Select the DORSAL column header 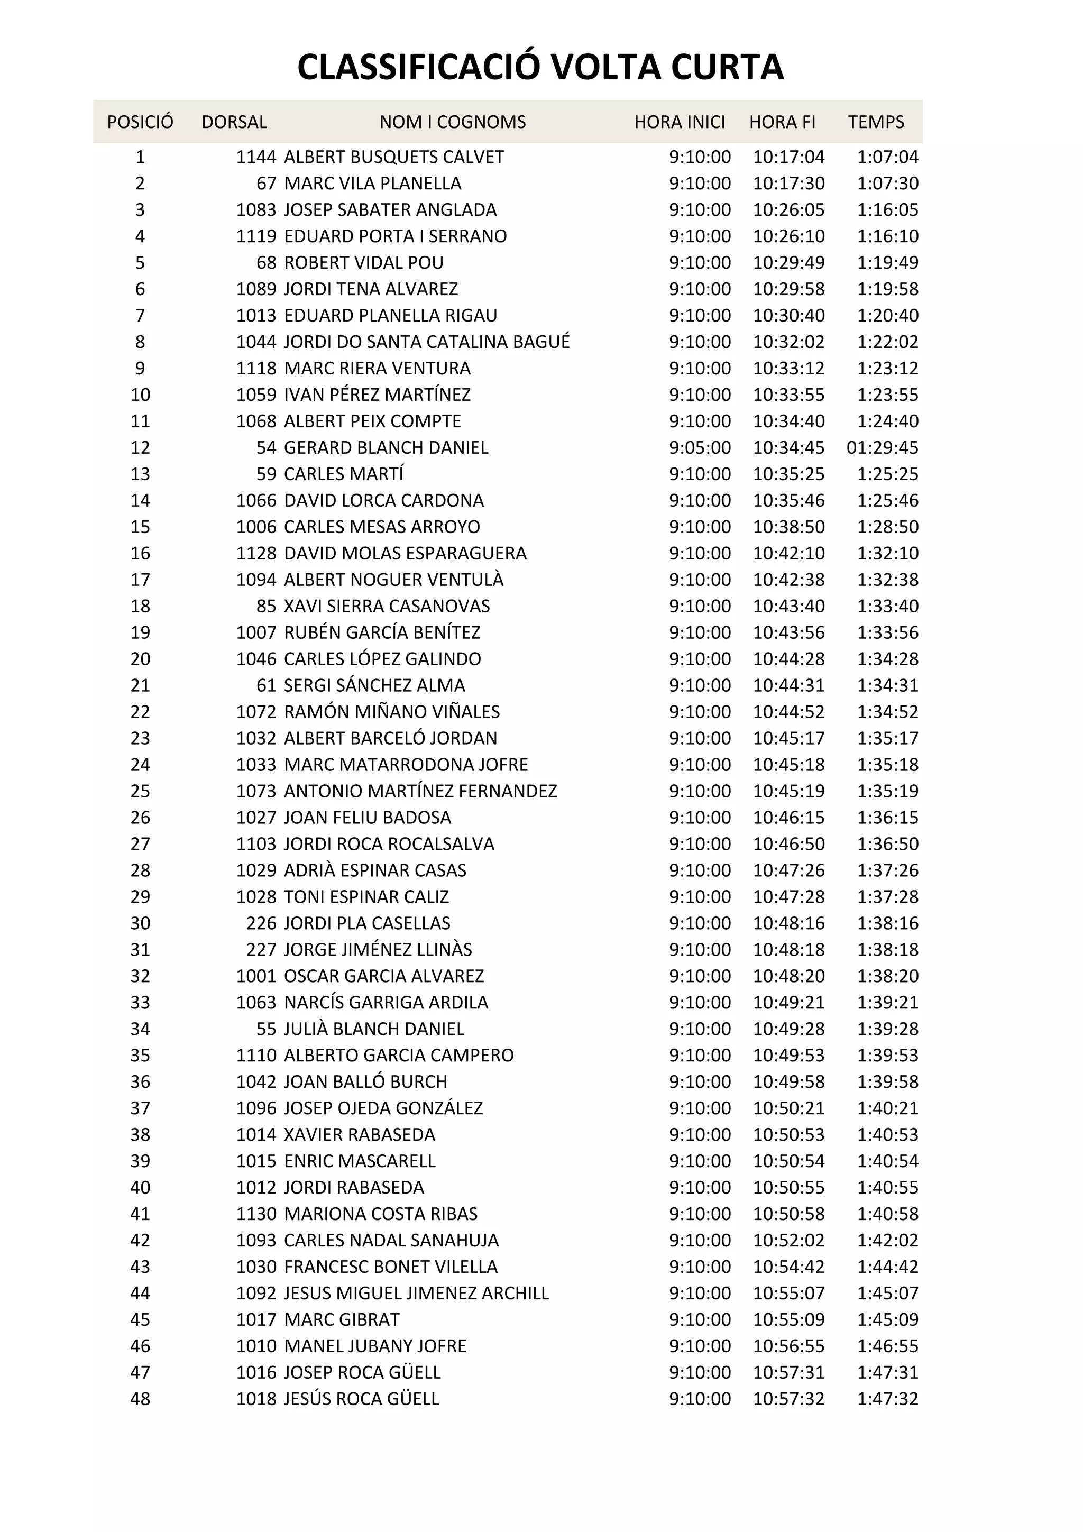coord(234,122)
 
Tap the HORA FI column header coord(782,122)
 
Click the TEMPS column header coord(876,122)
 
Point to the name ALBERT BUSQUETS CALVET coord(393,158)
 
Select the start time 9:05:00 coord(700,448)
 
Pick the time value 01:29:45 coord(882,448)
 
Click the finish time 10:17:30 coord(789,184)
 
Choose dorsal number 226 coord(261,923)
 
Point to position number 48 coord(140,1399)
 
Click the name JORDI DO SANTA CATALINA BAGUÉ coord(427,342)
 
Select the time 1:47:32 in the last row coord(887,1399)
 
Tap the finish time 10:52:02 coord(789,1241)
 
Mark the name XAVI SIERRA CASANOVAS coord(387,607)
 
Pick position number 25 coord(140,791)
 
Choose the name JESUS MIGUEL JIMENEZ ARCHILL coord(416,1293)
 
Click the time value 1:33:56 coord(887,632)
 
